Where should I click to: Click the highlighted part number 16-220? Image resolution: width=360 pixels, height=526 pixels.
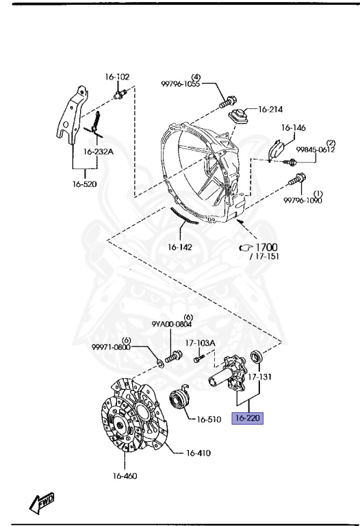click(x=247, y=418)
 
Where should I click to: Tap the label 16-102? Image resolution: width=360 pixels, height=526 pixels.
click(x=117, y=77)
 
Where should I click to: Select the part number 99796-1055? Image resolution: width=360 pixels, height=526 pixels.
click(x=180, y=84)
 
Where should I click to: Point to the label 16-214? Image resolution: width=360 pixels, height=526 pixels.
click(x=270, y=109)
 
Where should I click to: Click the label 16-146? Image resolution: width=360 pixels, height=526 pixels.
click(x=294, y=127)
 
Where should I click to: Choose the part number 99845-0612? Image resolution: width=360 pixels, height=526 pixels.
click(x=315, y=149)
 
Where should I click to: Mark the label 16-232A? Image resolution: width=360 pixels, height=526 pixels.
click(x=98, y=151)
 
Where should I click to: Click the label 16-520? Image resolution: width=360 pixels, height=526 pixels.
click(x=84, y=184)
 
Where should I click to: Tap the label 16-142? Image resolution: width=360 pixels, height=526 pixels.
click(x=180, y=247)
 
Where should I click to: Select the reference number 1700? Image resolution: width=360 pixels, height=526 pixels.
click(x=266, y=247)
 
